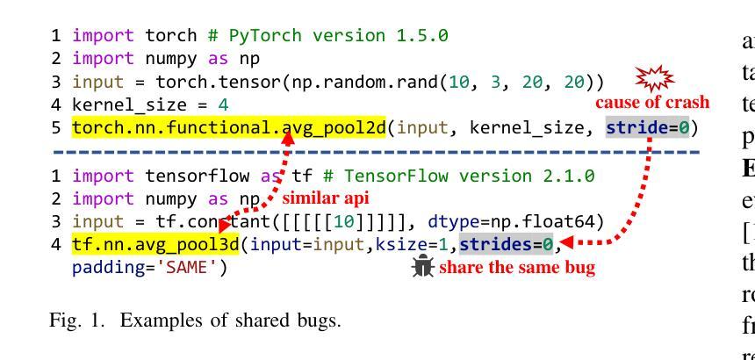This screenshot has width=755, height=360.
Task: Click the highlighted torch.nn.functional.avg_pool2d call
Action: (228, 128)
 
